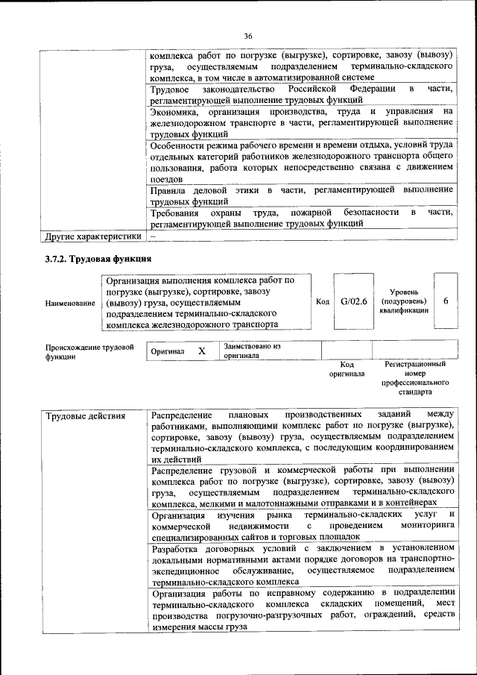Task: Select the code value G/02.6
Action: tap(355, 302)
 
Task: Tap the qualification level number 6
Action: tap(445, 302)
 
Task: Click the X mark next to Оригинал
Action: tap(201, 351)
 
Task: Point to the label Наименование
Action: tap(70, 303)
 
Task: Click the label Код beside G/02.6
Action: tap(323, 302)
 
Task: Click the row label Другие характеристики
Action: tap(92, 237)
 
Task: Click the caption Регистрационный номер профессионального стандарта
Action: tap(414, 377)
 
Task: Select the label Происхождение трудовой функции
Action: tap(89, 351)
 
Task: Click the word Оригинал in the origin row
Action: tap(168, 351)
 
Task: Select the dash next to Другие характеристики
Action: tap(153, 237)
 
